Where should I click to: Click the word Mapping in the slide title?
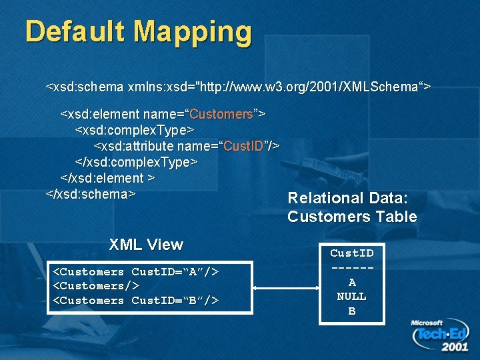click(x=193, y=32)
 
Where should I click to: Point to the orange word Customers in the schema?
click(x=221, y=114)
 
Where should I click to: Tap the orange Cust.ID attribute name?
click(x=243, y=146)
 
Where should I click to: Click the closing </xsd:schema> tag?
click(x=91, y=194)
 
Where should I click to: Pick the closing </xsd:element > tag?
click(x=108, y=178)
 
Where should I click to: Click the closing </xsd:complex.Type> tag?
click(x=136, y=162)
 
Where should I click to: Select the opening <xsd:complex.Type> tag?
click(x=134, y=130)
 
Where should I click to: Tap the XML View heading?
click(x=146, y=245)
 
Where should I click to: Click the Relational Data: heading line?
click(x=347, y=198)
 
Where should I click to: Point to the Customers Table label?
click(x=352, y=217)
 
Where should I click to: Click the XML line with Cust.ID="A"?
click(x=135, y=272)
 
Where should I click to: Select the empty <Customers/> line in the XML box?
click(x=96, y=286)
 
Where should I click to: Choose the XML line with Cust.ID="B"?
click(x=135, y=301)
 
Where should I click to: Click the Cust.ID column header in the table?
click(x=351, y=253)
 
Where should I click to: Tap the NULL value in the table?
click(x=351, y=296)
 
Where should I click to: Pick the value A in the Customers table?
click(x=352, y=282)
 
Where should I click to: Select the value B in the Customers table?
click(x=352, y=311)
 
